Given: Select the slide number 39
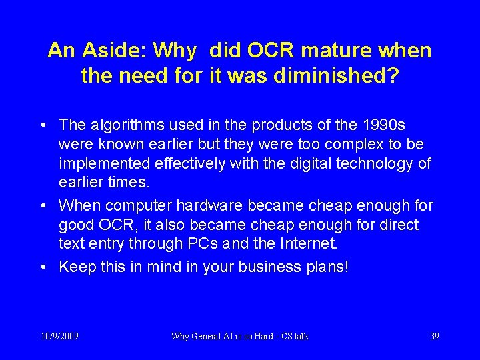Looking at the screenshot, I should click(x=434, y=336).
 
